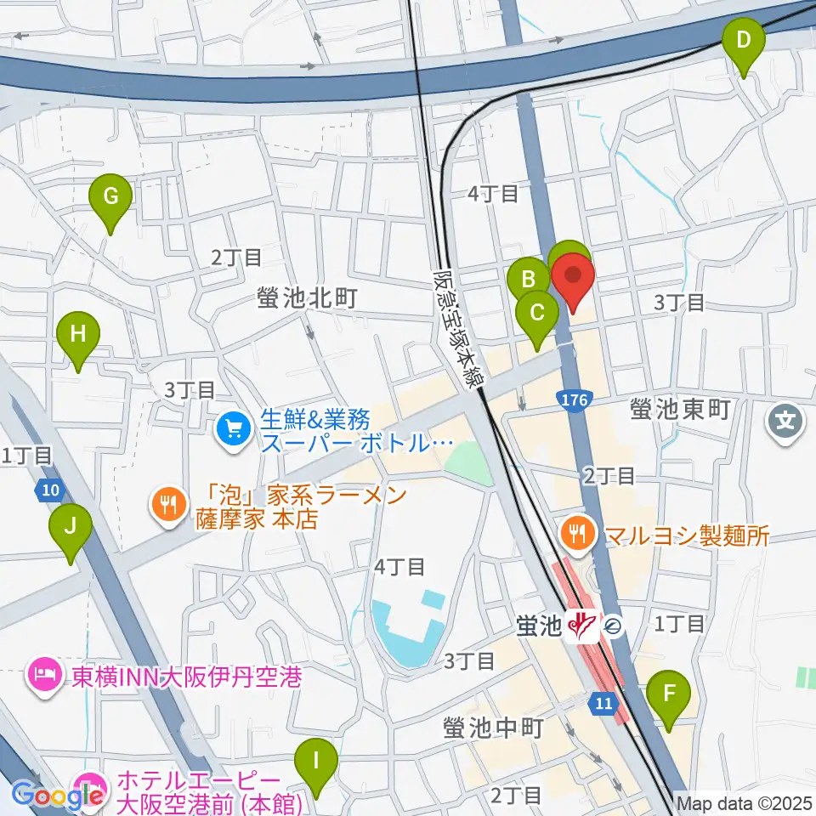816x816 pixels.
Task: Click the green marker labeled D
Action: coord(744,41)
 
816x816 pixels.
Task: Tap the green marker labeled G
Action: coord(110,197)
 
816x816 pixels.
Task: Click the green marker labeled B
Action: coord(528,280)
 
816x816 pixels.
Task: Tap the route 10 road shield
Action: coord(50,490)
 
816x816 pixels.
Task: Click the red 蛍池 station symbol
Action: coord(583,626)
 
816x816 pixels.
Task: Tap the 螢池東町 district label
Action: coord(681,410)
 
